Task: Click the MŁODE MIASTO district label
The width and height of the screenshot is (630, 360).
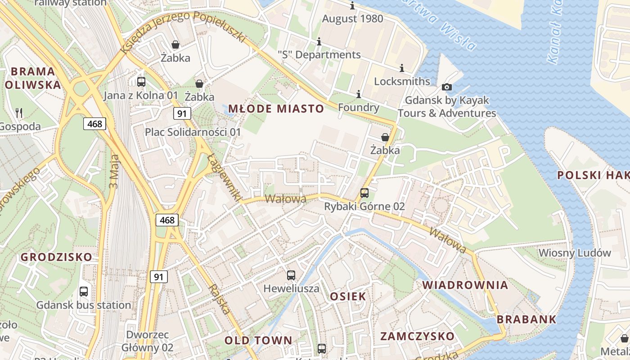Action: point(276,108)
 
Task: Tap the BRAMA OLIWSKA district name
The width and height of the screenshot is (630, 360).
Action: point(33,78)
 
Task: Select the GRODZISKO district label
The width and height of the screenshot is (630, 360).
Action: point(56,257)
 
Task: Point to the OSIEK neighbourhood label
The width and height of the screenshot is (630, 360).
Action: point(348,296)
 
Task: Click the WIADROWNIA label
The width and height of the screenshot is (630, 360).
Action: point(465,285)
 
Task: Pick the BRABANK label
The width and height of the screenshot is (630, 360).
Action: point(526,319)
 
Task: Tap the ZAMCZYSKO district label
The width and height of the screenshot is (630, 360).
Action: point(417,336)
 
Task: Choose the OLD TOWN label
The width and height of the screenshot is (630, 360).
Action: point(258,340)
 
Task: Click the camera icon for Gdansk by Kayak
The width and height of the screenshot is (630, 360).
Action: point(446,87)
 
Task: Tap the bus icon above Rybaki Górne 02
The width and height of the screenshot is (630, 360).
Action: point(364,193)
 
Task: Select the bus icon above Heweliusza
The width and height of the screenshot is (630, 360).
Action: point(291,275)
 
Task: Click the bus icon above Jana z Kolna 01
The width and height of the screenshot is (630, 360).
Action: point(141,82)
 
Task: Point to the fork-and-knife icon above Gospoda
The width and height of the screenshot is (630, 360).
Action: point(18,112)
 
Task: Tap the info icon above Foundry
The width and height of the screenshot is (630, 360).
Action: point(359,94)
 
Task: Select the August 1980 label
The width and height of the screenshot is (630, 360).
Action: point(352,19)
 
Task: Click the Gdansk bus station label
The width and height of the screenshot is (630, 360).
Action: point(84,305)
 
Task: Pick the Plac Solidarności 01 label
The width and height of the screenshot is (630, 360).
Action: point(193,132)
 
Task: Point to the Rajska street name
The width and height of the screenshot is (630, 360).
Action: point(220,299)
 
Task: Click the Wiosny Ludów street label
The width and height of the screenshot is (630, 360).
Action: point(575,253)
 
